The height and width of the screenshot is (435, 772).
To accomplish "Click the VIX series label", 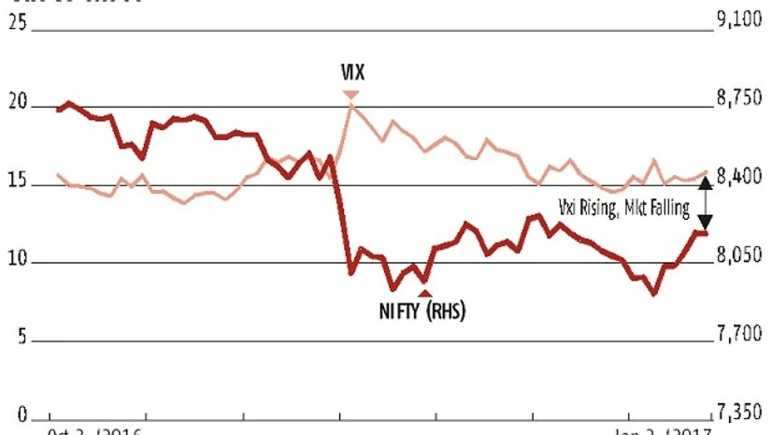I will [x=350, y=71].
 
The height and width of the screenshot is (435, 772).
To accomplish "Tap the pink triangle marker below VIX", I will [x=350, y=94].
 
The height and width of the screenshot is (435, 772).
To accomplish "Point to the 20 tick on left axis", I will [x=17, y=106].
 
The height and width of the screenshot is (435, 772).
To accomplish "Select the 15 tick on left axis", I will [x=17, y=184].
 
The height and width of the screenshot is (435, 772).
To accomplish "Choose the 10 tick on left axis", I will [x=17, y=262].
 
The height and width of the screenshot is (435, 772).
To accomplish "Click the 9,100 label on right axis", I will [x=739, y=22].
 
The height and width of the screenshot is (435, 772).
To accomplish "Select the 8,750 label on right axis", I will [x=739, y=100].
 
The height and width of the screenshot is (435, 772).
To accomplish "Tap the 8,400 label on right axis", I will [x=739, y=178].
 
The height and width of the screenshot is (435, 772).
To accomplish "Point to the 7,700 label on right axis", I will [x=739, y=334].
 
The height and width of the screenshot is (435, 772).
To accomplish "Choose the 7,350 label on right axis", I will [x=739, y=413].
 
